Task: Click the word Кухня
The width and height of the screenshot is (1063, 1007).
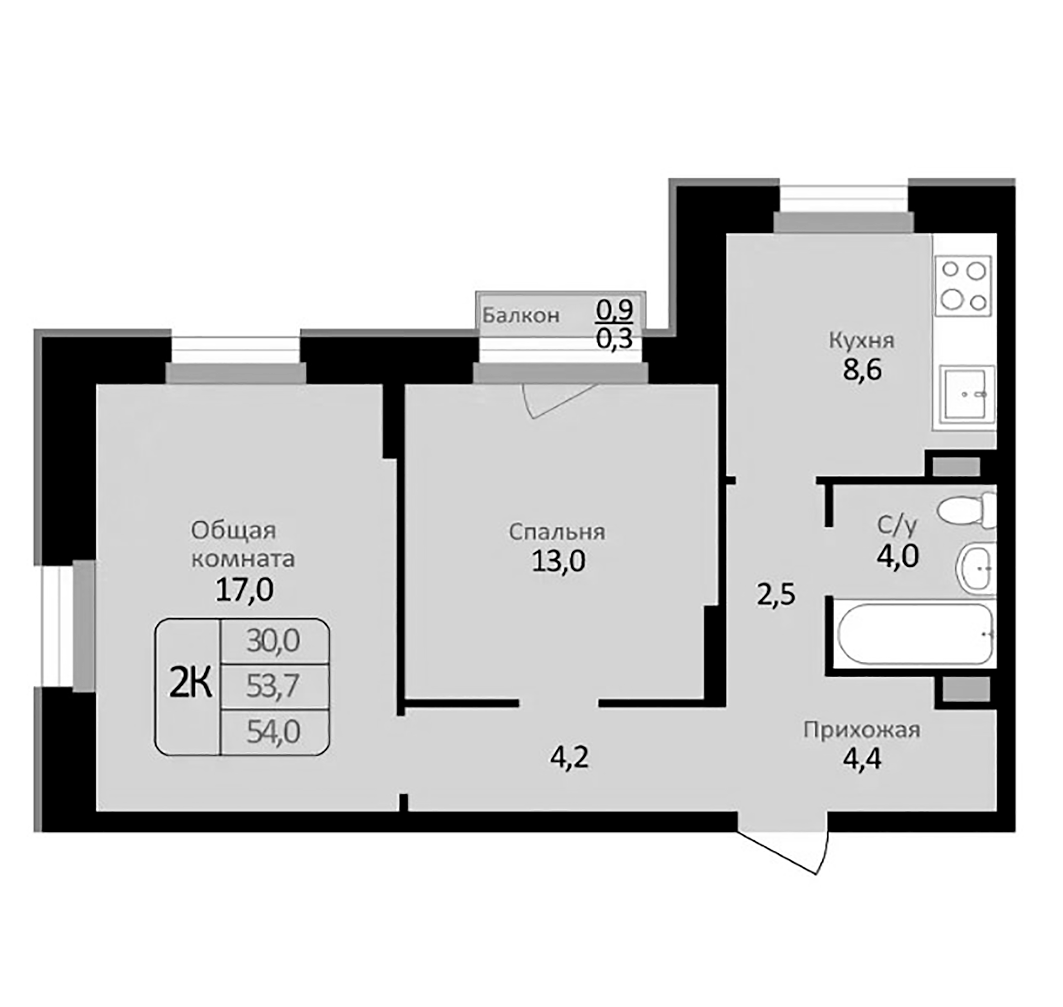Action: coord(862,340)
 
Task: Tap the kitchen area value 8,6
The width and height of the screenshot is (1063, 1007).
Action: coord(862,370)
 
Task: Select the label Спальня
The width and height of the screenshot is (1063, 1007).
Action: coord(557,532)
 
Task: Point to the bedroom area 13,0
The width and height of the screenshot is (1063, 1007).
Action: coord(558,561)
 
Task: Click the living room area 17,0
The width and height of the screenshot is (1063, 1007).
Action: coord(244,590)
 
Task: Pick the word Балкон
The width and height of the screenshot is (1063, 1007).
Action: coord(521,316)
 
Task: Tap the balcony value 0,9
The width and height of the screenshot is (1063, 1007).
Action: coord(614,309)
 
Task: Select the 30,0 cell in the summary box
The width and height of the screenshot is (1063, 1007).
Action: coord(274,641)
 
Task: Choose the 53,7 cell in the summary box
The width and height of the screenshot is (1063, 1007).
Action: coord(274,686)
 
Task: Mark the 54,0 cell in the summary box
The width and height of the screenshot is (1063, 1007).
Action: coord(274,731)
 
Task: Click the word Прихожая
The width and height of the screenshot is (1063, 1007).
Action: coord(862,730)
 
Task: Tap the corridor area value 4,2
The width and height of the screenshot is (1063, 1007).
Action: coord(570,759)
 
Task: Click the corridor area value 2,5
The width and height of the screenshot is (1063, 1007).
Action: coord(776,595)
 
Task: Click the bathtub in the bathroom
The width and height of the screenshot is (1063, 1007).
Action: coord(913,634)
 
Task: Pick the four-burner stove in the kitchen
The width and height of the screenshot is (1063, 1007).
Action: coord(963,286)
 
